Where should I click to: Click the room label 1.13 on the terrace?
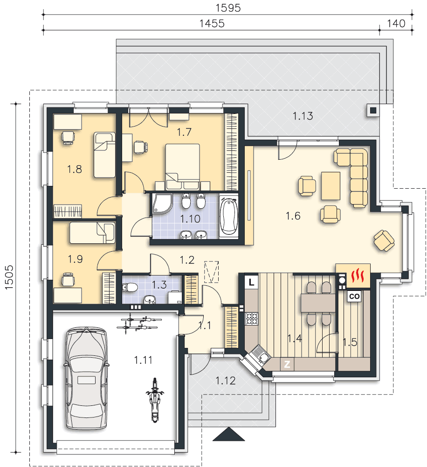303,116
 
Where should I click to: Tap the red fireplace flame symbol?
357,275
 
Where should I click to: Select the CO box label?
354,297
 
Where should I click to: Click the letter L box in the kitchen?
252,282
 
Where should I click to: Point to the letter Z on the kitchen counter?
287,364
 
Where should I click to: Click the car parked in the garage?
87,378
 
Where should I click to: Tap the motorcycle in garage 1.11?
154,400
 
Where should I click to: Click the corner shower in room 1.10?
162,204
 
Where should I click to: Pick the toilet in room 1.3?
130,287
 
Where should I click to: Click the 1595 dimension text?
228,8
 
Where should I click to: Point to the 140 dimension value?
396,23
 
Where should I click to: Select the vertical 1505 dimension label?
9,277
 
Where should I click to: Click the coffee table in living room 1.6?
331,186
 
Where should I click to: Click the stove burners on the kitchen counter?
252,318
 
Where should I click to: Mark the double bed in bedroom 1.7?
183,167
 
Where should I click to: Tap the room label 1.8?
74,169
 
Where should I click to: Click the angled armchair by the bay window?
384,241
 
